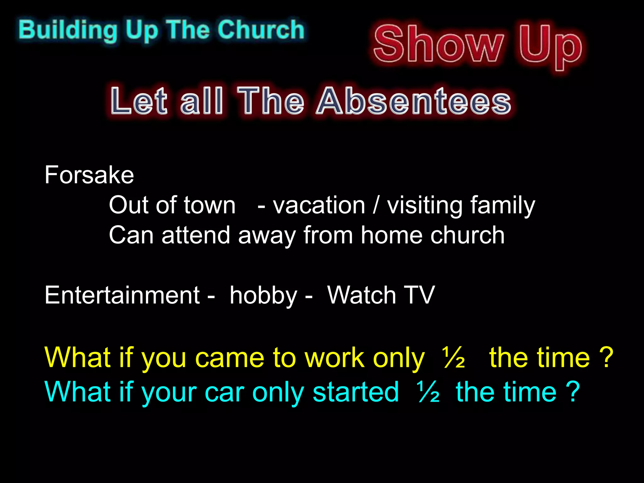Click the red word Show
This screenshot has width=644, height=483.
coord(438,44)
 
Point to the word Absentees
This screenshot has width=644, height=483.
coord(414,101)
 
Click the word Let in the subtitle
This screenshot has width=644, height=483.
coord(139,101)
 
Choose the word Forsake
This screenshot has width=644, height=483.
coord(89,175)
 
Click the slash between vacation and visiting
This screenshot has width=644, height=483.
coord(376,205)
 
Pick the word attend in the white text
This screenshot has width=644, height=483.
coord(196,235)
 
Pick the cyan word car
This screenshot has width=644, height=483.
coord(225,392)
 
